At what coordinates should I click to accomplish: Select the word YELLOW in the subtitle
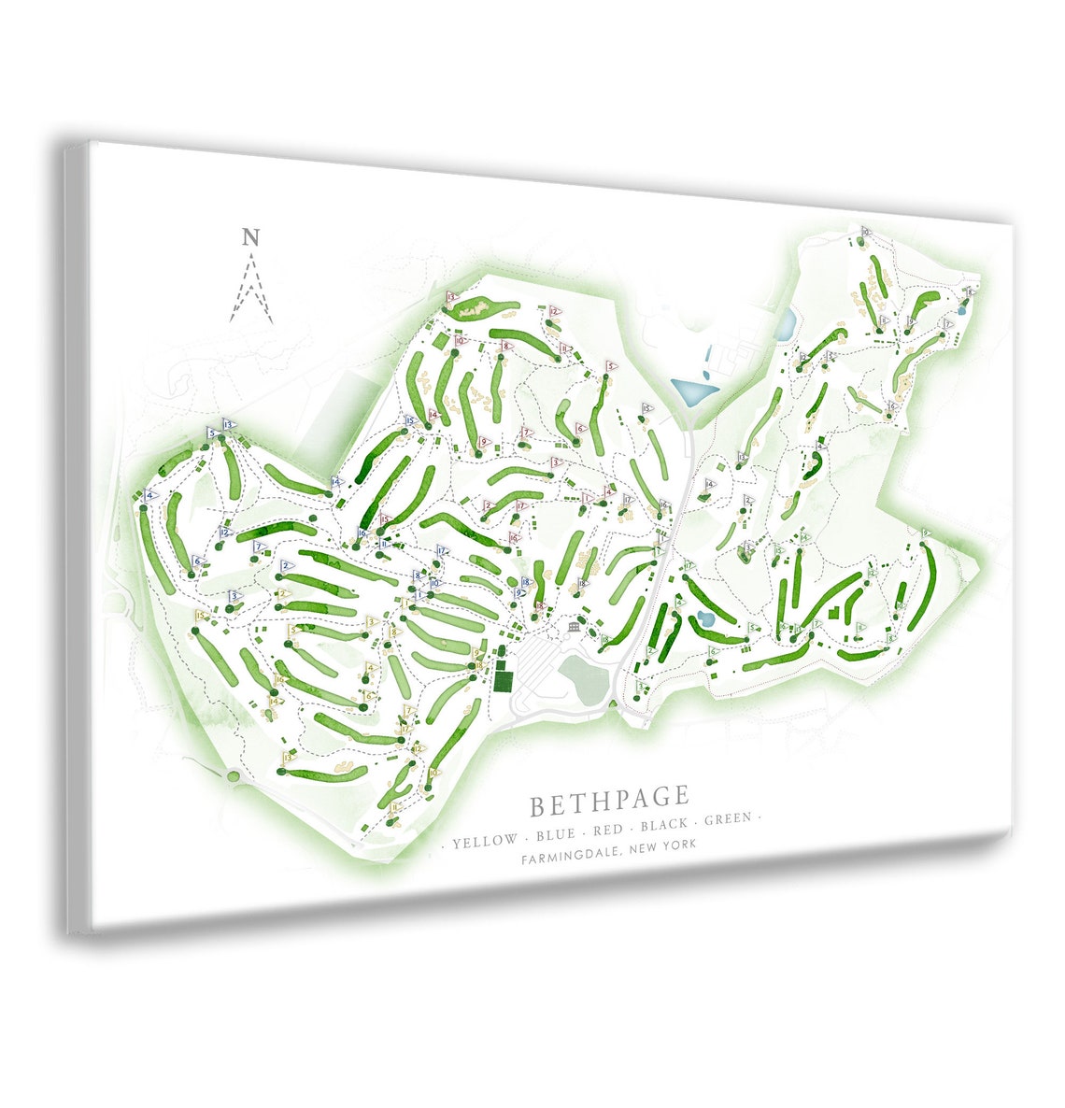pyautogui.click(x=484, y=841)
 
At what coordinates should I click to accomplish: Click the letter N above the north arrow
pyautogui.click(x=249, y=237)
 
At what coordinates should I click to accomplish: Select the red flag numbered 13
pyautogui.click(x=451, y=297)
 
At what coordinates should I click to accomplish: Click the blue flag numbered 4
pyautogui.click(x=150, y=496)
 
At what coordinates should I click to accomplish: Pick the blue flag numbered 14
pyautogui.click(x=335, y=482)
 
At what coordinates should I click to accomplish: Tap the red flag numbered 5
pyautogui.click(x=612, y=367)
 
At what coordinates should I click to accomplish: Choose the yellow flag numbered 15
pyautogui.click(x=201, y=617)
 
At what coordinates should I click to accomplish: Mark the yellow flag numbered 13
pyautogui.click(x=289, y=759)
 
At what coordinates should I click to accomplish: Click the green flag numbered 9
pyautogui.click(x=925, y=533)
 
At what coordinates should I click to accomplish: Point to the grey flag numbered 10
pyautogui.click(x=865, y=232)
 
